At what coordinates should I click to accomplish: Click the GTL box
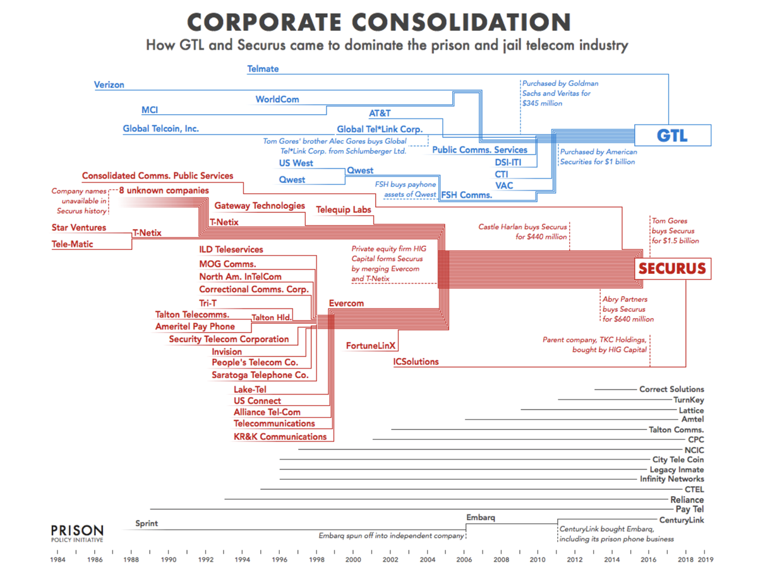(x=673, y=136)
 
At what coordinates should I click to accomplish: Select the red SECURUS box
(x=672, y=268)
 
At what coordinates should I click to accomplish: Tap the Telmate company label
(x=263, y=69)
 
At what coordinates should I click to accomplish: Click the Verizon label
(x=109, y=85)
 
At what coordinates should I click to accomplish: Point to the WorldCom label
(x=277, y=100)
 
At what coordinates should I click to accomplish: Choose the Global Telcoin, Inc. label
(x=160, y=129)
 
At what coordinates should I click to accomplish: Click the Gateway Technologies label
(x=260, y=206)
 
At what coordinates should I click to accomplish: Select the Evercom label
(x=346, y=303)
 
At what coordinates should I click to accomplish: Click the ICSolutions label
(x=416, y=362)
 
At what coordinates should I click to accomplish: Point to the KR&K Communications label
(x=280, y=436)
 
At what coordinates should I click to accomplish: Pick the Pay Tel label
(x=690, y=509)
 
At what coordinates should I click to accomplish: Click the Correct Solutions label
(x=671, y=389)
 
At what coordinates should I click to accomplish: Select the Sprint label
(x=147, y=523)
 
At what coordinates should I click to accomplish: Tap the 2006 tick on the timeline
(x=464, y=559)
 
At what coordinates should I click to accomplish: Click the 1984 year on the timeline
(x=58, y=559)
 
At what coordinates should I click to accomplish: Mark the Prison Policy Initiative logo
(x=77, y=533)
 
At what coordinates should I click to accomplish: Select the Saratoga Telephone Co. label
(x=260, y=375)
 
